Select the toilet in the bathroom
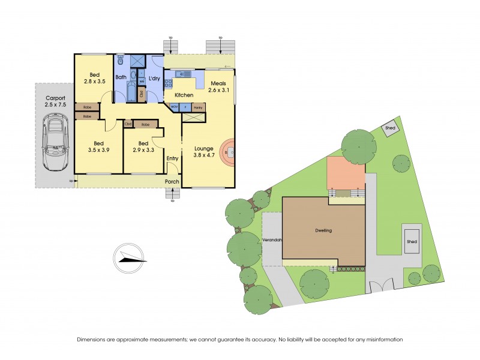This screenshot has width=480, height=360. pyautogui.click(x=121, y=60)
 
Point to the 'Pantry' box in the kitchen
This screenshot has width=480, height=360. pyautogui.click(x=198, y=108)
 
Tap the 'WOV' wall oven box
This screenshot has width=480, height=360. pyautogui.click(x=175, y=108)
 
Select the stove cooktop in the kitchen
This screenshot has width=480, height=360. pyautogui.click(x=168, y=85)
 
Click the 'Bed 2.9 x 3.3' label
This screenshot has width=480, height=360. pyautogui.click(x=143, y=147)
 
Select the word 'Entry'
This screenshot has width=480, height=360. pyautogui.click(x=172, y=158)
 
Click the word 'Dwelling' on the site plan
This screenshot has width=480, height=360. pyautogui.click(x=323, y=230)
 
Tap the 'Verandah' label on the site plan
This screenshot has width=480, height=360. pyautogui.click(x=272, y=240)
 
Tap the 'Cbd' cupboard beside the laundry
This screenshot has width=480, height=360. pyautogui.click(x=142, y=94)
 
